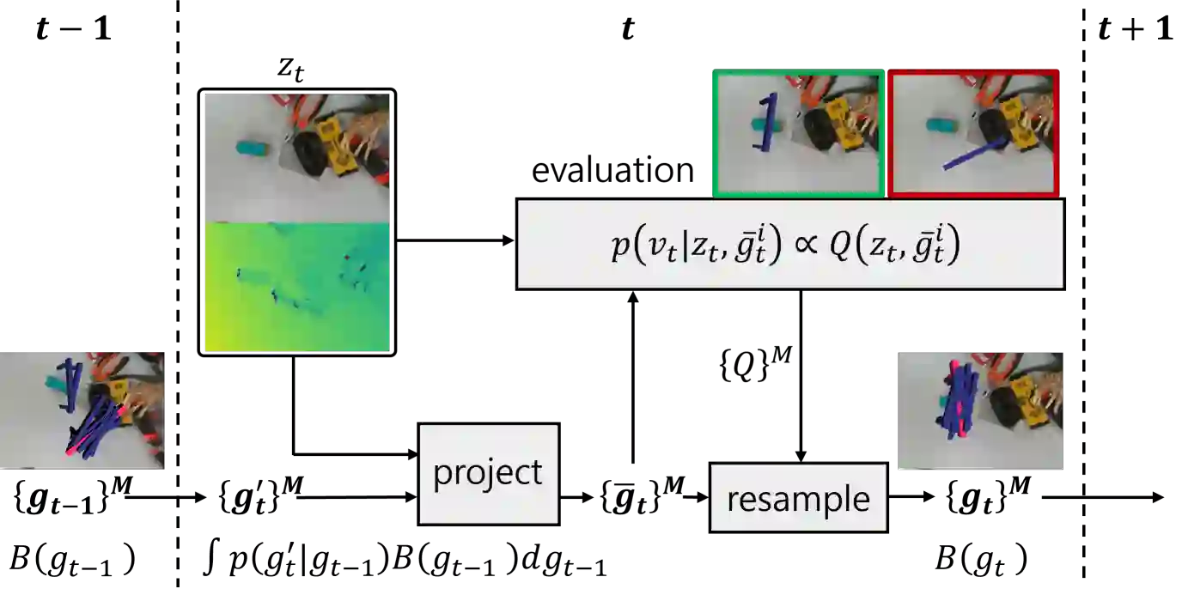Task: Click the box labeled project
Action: pyautogui.click(x=488, y=472)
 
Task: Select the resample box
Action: pyautogui.click(x=798, y=499)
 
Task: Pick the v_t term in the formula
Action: pyautogui.click(x=661, y=248)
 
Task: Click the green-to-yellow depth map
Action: pyautogui.click(x=297, y=286)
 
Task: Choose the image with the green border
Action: pyautogui.click(x=797, y=133)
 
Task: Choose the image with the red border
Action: pyautogui.click(x=973, y=133)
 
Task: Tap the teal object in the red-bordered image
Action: pyautogui.click(x=941, y=125)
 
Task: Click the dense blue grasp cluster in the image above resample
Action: pyautogui.click(x=959, y=398)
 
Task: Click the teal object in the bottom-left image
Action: pyautogui.click(x=58, y=380)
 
